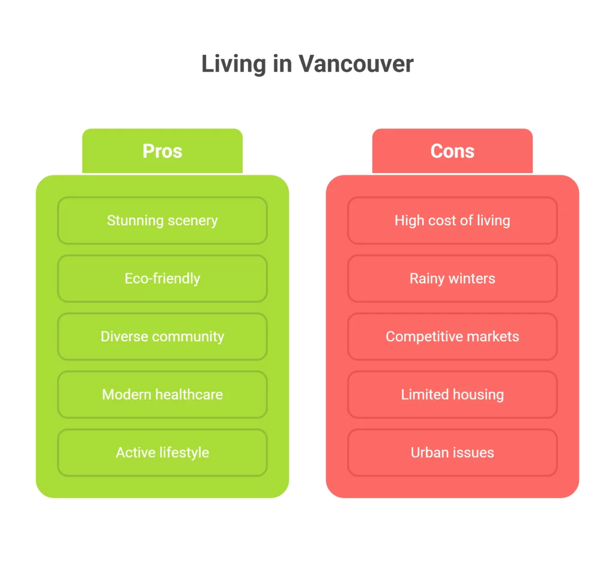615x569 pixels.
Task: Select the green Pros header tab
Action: pos(162,151)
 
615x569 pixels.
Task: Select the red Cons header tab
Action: pos(452,151)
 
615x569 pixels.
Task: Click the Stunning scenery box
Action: pos(162,221)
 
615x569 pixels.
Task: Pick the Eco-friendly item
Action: pos(162,279)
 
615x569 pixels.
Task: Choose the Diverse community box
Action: pos(162,336)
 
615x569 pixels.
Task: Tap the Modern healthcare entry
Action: pos(162,395)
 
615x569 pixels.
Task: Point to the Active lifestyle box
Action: pos(162,452)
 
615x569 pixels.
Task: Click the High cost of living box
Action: pos(452,221)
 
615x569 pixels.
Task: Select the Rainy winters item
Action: pos(452,279)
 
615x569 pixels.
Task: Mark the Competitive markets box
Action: pos(452,336)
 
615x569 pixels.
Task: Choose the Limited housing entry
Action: pos(452,395)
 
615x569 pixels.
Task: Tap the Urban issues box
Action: pos(452,452)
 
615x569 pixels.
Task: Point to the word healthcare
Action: pos(189,395)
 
